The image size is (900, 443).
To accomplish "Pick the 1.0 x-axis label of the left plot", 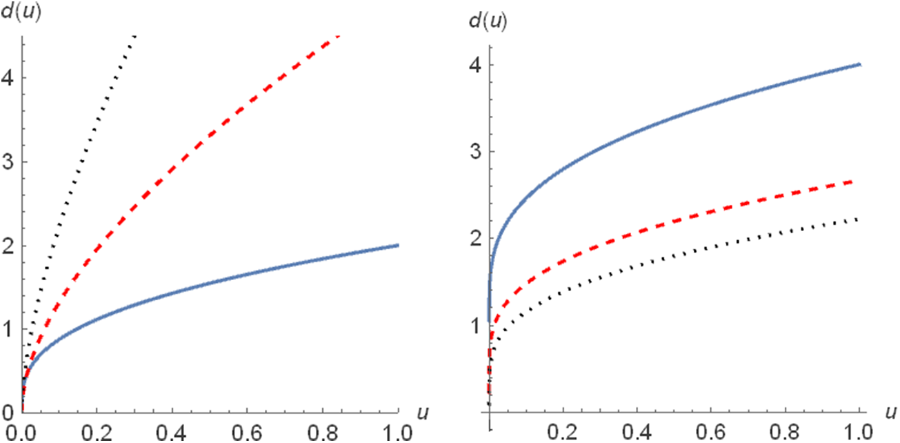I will click(x=399, y=433).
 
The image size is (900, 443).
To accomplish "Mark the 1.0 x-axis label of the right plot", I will click(x=859, y=433).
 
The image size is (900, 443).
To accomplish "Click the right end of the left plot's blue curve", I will click(x=398, y=245).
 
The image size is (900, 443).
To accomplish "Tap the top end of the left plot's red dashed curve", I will click(x=338, y=35).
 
